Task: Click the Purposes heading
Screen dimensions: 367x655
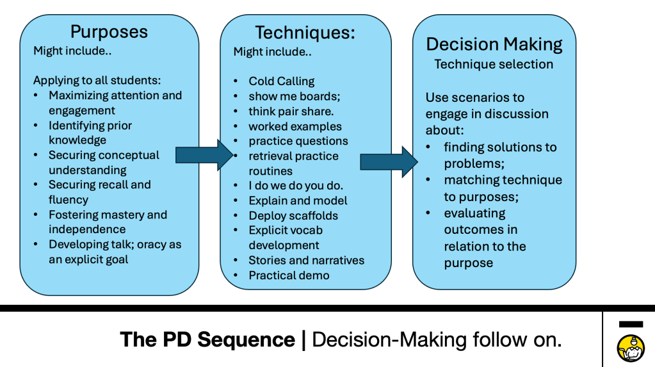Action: (109, 31)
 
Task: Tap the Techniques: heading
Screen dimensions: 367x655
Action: (305, 33)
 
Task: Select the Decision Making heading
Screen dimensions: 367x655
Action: (494, 44)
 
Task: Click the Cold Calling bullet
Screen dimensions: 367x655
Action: (282, 81)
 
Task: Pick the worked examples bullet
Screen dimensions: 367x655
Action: (295, 126)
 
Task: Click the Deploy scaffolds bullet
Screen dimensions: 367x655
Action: (293, 216)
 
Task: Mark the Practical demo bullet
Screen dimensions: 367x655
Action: (289, 275)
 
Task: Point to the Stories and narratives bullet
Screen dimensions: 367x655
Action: (306, 260)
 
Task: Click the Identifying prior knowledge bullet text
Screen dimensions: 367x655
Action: (90, 133)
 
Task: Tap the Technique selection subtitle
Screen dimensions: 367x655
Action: (494, 64)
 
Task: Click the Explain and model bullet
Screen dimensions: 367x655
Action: (298, 200)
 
